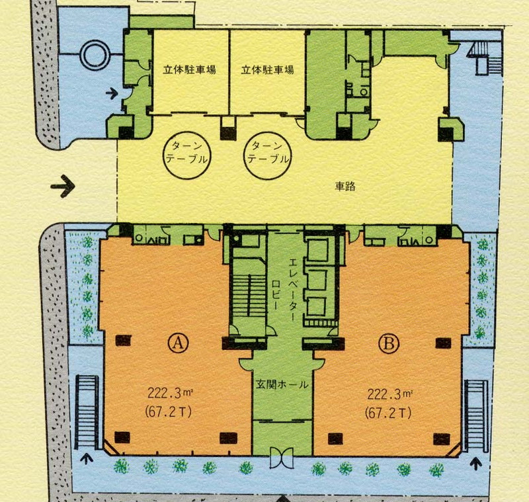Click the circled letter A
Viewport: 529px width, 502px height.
(x=179, y=343)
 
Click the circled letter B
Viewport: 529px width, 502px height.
(x=389, y=343)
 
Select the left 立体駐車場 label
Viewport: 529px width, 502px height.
(x=189, y=70)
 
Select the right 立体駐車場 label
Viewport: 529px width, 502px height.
(x=267, y=70)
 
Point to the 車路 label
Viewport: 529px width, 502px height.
(x=345, y=187)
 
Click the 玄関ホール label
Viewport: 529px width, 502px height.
(x=282, y=384)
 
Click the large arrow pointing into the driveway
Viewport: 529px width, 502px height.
(x=63, y=186)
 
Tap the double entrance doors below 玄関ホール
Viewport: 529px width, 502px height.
(x=282, y=458)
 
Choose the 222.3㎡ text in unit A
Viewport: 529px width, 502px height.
(x=170, y=394)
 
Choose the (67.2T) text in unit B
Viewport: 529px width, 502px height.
(x=388, y=413)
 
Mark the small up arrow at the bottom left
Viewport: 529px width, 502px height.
(x=87, y=459)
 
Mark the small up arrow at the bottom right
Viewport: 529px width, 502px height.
(x=475, y=464)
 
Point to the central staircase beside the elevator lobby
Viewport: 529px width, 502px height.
(x=249, y=298)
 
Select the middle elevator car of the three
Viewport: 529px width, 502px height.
(x=317, y=279)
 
